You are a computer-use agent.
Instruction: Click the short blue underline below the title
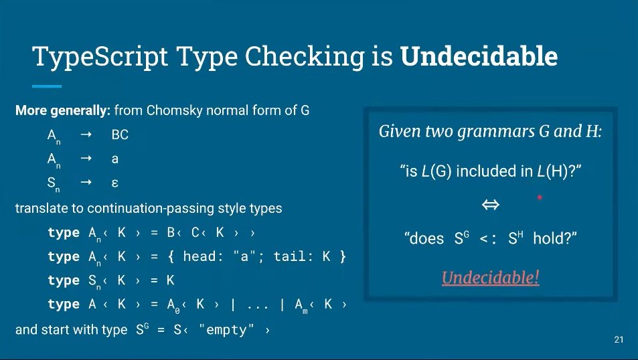tap(47, 86)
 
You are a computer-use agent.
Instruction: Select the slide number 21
tap(618, 341)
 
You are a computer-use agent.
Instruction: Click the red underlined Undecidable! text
tap(491, 277)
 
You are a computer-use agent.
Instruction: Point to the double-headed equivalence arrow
tap(491, 205)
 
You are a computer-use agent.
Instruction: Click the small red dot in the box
tap(539, 198)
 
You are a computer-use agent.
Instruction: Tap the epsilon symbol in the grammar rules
tap(115, 183)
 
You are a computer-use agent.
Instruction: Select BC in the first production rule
tap(120, 134)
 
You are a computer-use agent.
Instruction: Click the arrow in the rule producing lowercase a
tap(86, 159)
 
